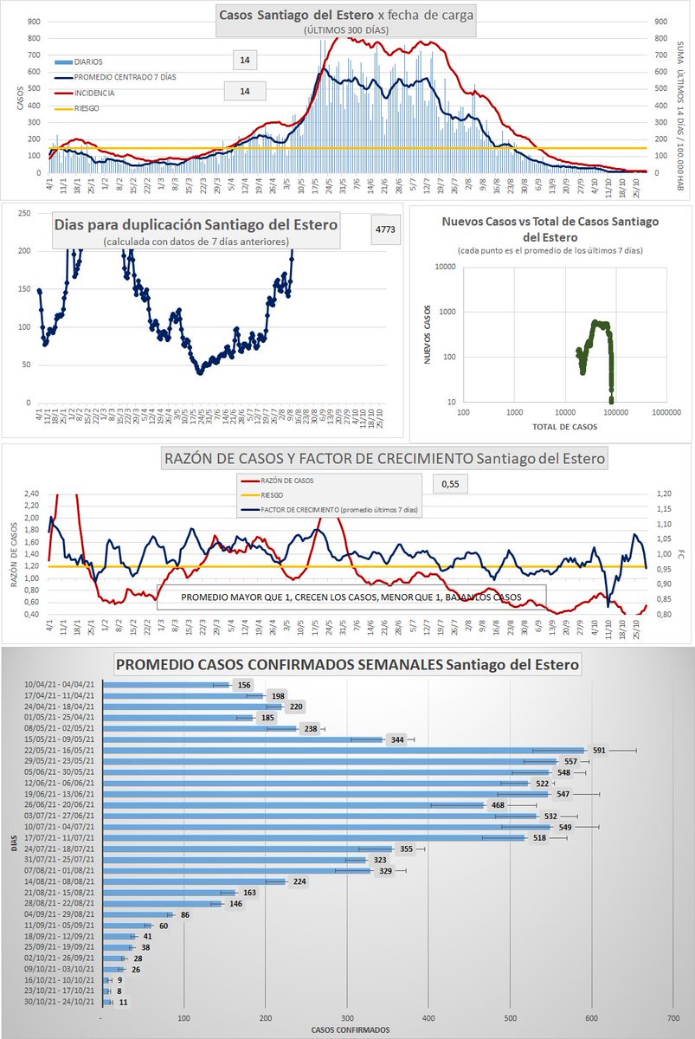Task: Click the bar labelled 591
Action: coord(346,751)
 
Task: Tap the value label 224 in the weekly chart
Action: coord(297,882)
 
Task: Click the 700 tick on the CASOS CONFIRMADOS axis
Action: coord(673,1019)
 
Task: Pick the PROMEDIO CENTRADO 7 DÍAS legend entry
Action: coord(120,76)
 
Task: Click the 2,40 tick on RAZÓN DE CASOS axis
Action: coord(32,494)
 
